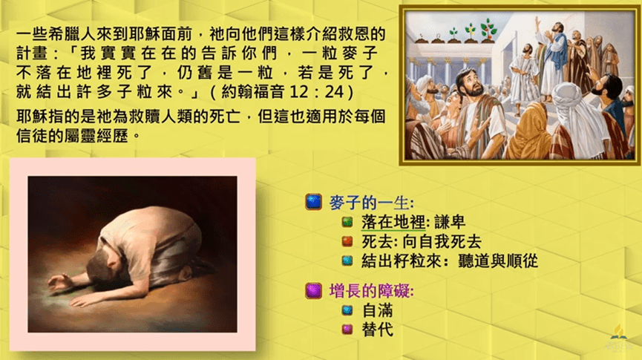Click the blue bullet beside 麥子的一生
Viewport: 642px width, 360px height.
(314, 202)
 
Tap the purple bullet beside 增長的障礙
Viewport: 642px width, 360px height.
(314, 291)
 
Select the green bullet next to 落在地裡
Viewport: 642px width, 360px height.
(347, 222)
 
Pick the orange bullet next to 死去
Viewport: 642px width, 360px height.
(347, 241)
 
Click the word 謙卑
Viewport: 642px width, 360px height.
(450, 222)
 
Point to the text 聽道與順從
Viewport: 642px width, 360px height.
(498, 261)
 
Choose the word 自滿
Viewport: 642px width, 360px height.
(378, 310)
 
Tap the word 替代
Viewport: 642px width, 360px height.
(378, 330)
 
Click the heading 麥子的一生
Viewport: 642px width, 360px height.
(371, 203)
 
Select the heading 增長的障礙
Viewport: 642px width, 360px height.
(371, 291)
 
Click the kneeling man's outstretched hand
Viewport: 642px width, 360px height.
(60, 282)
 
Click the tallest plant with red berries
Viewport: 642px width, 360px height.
(488, 30)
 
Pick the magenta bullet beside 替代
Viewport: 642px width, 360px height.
(347, 330)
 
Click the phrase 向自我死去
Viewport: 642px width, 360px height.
(442, 242)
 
